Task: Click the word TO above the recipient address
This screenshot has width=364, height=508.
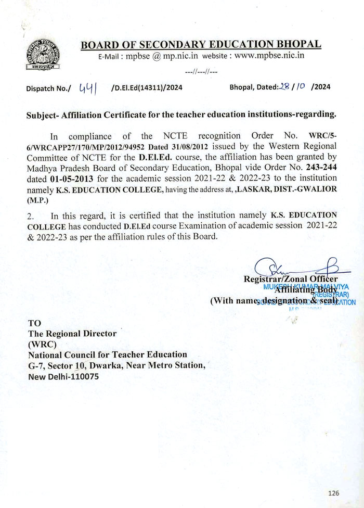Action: click(34, 323)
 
